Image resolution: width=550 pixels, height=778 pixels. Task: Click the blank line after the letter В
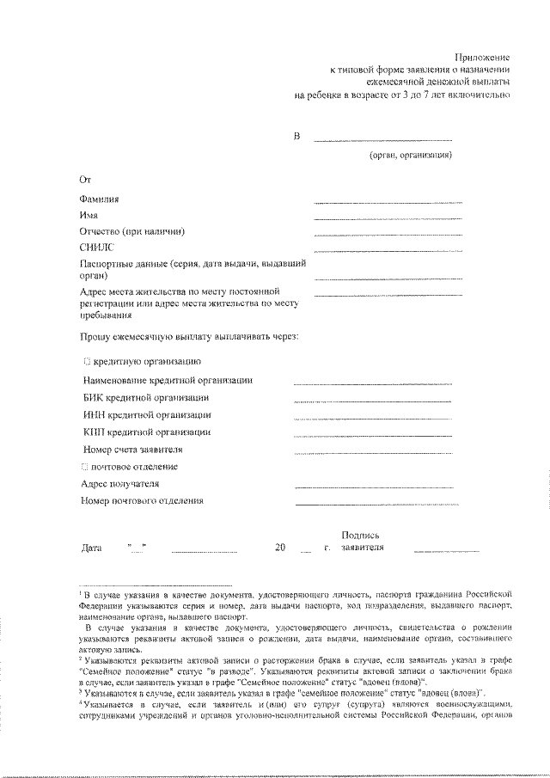(x=382, y=139)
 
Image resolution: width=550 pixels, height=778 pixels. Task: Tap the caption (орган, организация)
(x=410, y=156)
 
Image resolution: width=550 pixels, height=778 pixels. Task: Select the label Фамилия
(x=100, y=199)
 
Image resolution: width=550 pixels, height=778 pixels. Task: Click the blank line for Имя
(x=388, y=218)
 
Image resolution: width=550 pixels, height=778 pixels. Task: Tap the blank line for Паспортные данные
(x=388, y=279)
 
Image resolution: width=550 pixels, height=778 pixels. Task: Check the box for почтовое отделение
(x=84, y=467)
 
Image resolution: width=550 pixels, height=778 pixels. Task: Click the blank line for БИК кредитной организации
(x=371, y=401)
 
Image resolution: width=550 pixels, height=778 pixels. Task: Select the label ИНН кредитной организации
(x=147, y=414)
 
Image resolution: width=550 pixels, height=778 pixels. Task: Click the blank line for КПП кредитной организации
(x=371, y=435)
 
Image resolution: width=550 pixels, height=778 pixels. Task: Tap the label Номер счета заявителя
(x=132, y=450)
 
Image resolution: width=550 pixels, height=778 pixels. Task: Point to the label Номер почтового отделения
(x=142, y=500)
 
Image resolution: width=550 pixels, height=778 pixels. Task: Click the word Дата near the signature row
(x=91, y=548)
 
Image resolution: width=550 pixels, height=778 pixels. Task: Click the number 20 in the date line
(x=280, y=548)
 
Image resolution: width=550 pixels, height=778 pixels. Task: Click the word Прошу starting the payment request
(x=94, y=336)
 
